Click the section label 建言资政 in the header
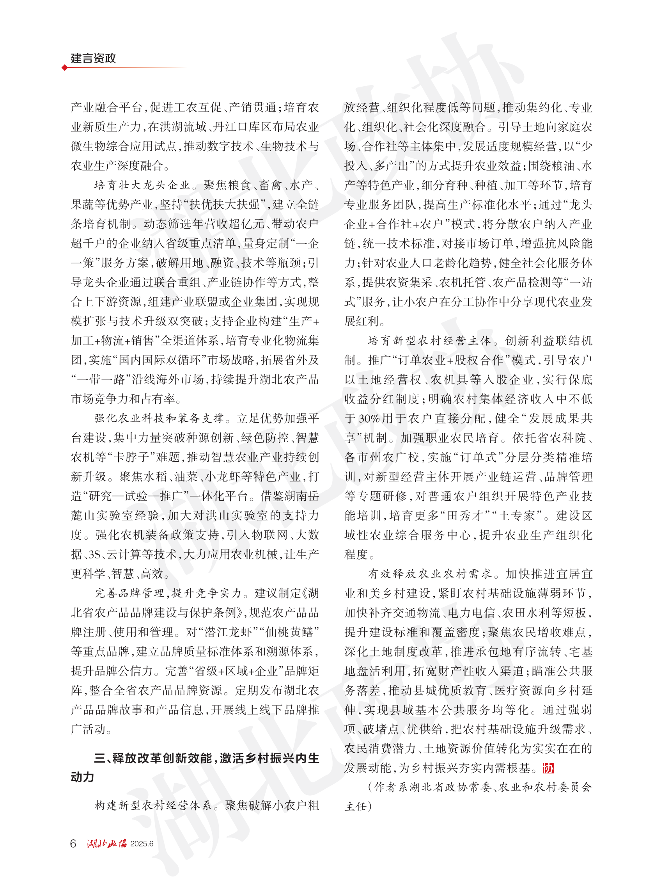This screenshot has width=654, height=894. click(93, 58)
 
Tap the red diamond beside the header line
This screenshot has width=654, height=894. click(65, 68)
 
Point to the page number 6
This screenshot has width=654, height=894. click(73, 844)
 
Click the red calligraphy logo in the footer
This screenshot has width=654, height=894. click(107, 843)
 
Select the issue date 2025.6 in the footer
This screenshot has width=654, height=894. click(142, 844)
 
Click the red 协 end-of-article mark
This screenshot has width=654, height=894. click(548, 768)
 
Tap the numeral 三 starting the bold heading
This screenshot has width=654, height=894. click(99, 758)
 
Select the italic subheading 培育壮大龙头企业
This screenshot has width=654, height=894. click(142, 185)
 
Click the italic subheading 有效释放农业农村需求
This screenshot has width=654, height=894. click(429, 574)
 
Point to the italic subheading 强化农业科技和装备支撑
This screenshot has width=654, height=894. click(159, 418)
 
